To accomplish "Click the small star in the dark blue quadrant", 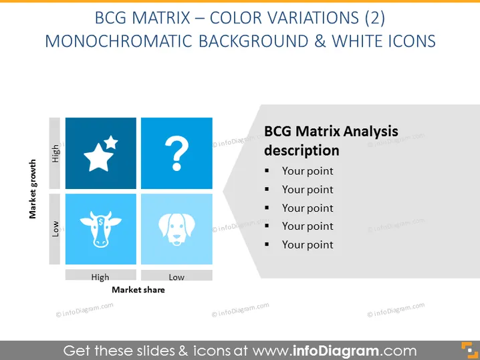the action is (x=111, y=142).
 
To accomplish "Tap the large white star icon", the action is (x=98, y=158).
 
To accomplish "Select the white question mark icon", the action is (x=176, y=153).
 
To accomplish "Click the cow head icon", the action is (x=101, y=229).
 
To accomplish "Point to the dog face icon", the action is (x=176, y=229).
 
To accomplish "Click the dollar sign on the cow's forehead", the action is (x=101, y=222).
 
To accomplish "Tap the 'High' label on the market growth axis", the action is (x=55, y=154).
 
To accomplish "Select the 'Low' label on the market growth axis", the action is (x=55, y=229).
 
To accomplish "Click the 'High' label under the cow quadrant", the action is (x=100, y=277).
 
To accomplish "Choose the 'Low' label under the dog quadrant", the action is (x=176, y=277).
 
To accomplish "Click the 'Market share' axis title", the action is (x=138, y=290).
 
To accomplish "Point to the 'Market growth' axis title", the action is (x=33, y=189).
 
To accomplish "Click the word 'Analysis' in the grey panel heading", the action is (x=370, y=132).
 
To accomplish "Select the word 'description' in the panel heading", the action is (x=302, y=150).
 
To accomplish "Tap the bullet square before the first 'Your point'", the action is (x=267, y=170).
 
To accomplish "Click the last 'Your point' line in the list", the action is (x=308, y=244).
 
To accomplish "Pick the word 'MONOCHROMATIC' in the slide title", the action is (x=118, y=41).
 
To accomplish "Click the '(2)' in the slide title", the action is (x=374, y=18).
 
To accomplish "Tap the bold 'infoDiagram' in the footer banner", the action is (x=336, y=351).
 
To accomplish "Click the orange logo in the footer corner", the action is (x=469, y=350).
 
